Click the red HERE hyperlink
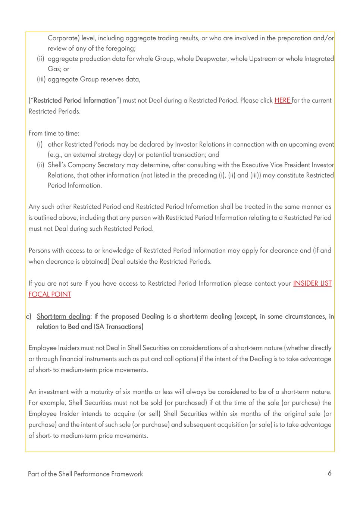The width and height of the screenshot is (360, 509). coord(282,100)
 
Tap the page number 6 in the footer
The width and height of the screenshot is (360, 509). coord(329,473)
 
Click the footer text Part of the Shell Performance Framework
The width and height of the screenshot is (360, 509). coord(85,474)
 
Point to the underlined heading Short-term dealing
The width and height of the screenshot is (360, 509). coord(63,317)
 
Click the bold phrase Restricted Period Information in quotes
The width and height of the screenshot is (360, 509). coord(75,100)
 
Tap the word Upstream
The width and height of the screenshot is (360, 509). coord(262,59)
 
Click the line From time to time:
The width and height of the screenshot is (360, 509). coord(54,133)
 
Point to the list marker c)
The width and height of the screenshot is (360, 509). coord(29,317)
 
